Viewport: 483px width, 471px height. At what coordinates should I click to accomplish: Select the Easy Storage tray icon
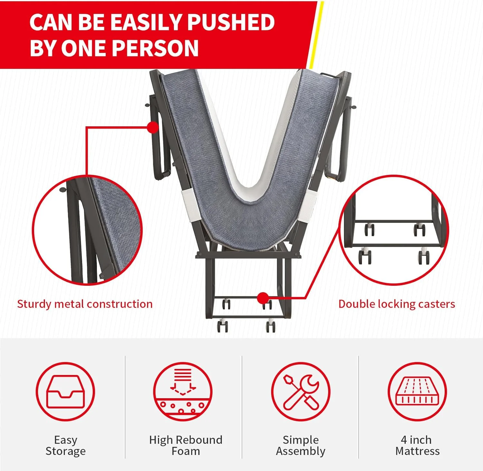pos(65,391)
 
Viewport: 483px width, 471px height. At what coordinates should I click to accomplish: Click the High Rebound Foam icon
pos(183,391)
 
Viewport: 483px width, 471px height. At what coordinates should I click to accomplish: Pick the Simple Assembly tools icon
pos(300,391)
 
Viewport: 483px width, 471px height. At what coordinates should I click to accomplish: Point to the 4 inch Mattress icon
pos(417,391)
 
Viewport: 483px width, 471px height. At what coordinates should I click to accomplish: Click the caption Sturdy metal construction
pos(85,304)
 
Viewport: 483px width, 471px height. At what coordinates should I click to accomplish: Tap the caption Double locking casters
pos(397,304)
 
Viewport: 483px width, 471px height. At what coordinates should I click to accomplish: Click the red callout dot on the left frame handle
pos(153,127)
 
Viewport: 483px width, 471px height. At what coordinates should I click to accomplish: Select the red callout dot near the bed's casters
pos(263,298)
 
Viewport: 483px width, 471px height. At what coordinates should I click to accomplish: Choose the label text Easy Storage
pos(66,446)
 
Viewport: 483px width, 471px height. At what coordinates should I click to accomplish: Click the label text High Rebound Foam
pos(186,445)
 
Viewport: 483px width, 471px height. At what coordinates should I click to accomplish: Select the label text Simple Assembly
pos(301,446)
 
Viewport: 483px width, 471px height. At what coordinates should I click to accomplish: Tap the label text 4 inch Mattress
pos(418,445)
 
